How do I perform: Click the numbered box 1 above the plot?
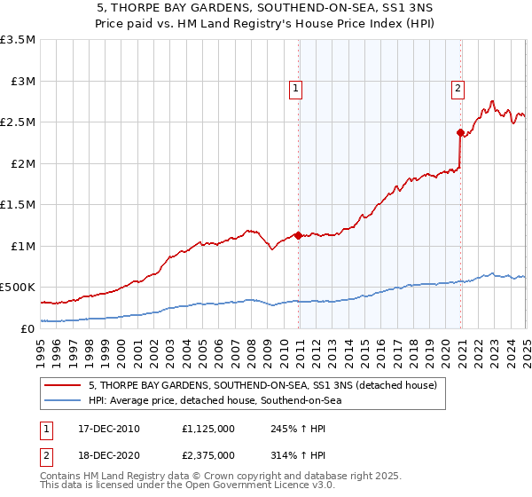(x=294, y=88)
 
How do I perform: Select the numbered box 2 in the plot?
(x=458, y=88)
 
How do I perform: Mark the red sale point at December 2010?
(x=299, y=235)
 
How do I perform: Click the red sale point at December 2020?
(x=461, y=133)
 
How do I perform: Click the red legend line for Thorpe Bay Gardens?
(x=63, y=386)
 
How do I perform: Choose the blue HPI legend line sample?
(x=63, y=400)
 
